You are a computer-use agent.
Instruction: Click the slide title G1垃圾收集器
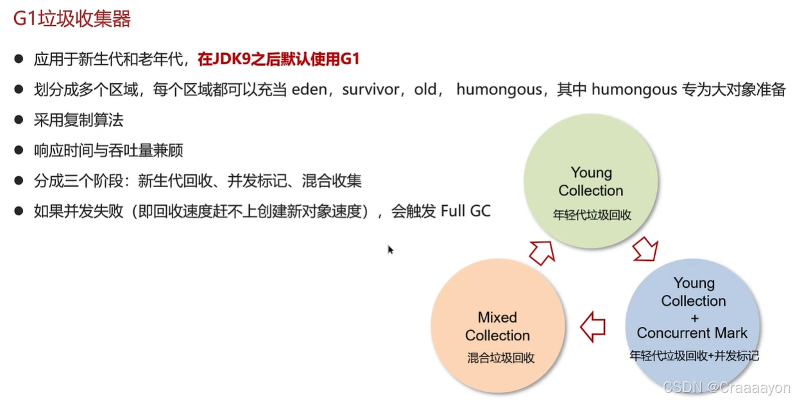pos(72,19)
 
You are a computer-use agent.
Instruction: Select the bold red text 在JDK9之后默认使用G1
pos(278,60)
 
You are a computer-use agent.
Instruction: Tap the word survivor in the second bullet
pos(370,90)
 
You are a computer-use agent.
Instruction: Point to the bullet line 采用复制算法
pos(78,120)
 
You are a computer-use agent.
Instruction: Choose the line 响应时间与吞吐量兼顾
pos(108,151)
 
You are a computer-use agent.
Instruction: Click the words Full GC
pos(465,211)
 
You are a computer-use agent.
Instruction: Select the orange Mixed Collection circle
pos(498,326)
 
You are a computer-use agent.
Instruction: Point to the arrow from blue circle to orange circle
pos(593,327)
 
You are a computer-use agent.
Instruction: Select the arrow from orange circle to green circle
pos(541,253)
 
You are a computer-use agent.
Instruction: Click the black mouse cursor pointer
pos(390,249)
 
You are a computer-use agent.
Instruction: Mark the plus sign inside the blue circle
pos(694,318)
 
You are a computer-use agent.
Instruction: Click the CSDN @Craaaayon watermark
pos(726,388)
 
